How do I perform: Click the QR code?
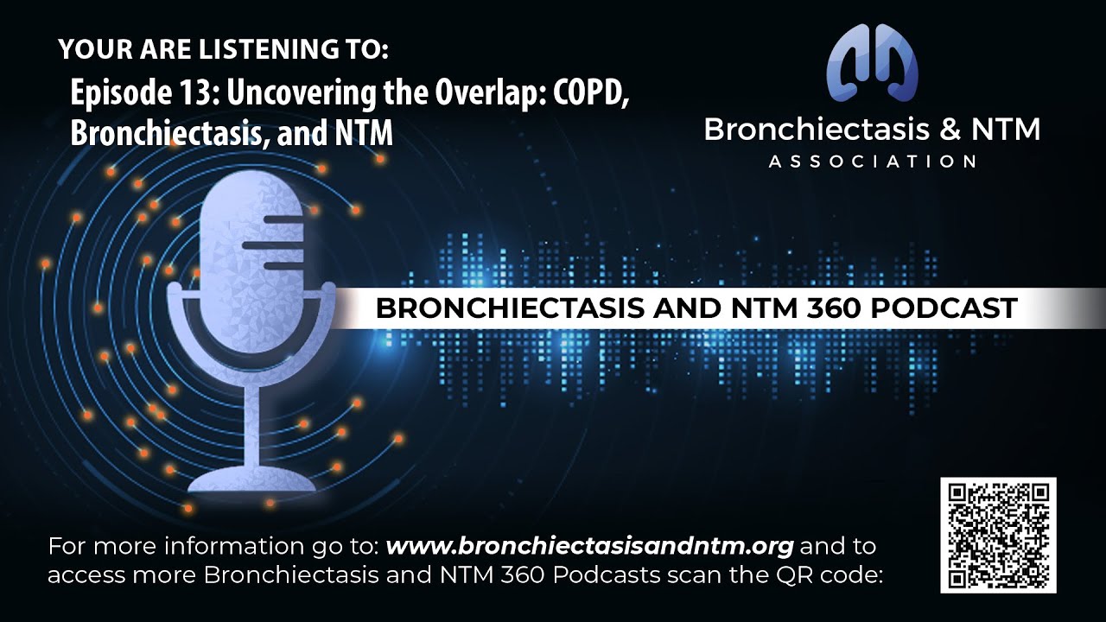pos(998,535)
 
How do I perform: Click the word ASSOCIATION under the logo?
pos(872,162)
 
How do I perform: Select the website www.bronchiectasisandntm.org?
pos(589,547)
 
